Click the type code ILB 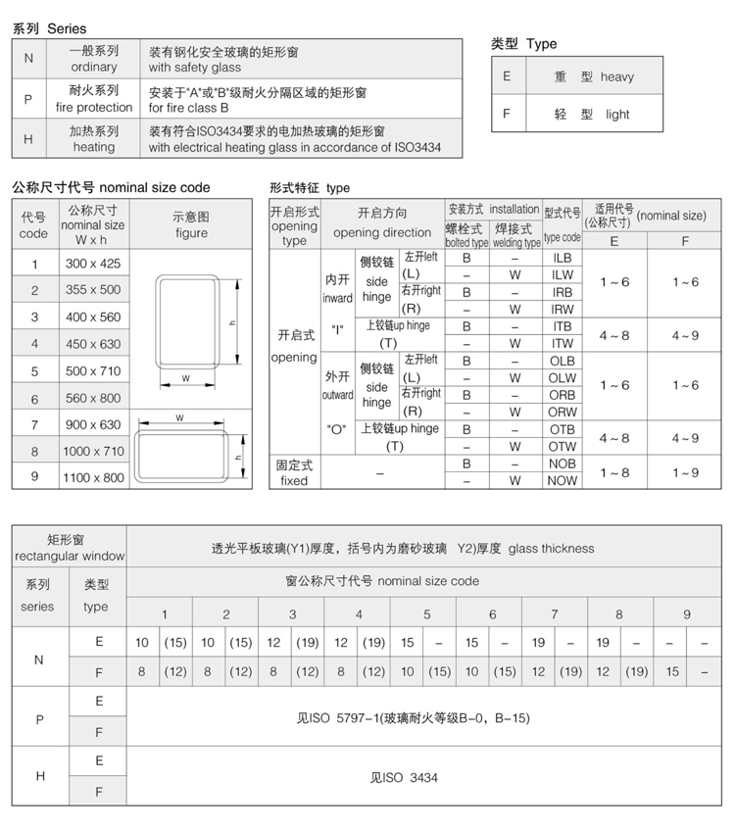[x=562, y=258]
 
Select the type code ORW [x=562, y=413]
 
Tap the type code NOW [x=562, y=481]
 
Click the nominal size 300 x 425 [x=93, y=264]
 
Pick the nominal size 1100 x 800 [x=93, y=478]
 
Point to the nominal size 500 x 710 [x=93, y=371]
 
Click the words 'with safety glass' [x=195, y=68]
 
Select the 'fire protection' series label [x=93, y=108]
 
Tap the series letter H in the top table [x=28, y=139]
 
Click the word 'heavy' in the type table [x=617, y=77]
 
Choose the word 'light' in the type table [x=617, y=115]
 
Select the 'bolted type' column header [x=466, y=242]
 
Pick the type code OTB [x=562, y=429]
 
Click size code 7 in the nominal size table [x=34, y=425]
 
